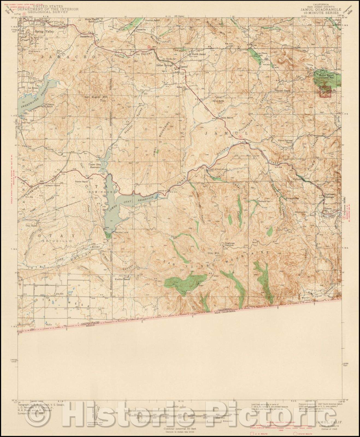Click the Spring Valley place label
44,31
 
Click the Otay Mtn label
214,253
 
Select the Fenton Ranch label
82,182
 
